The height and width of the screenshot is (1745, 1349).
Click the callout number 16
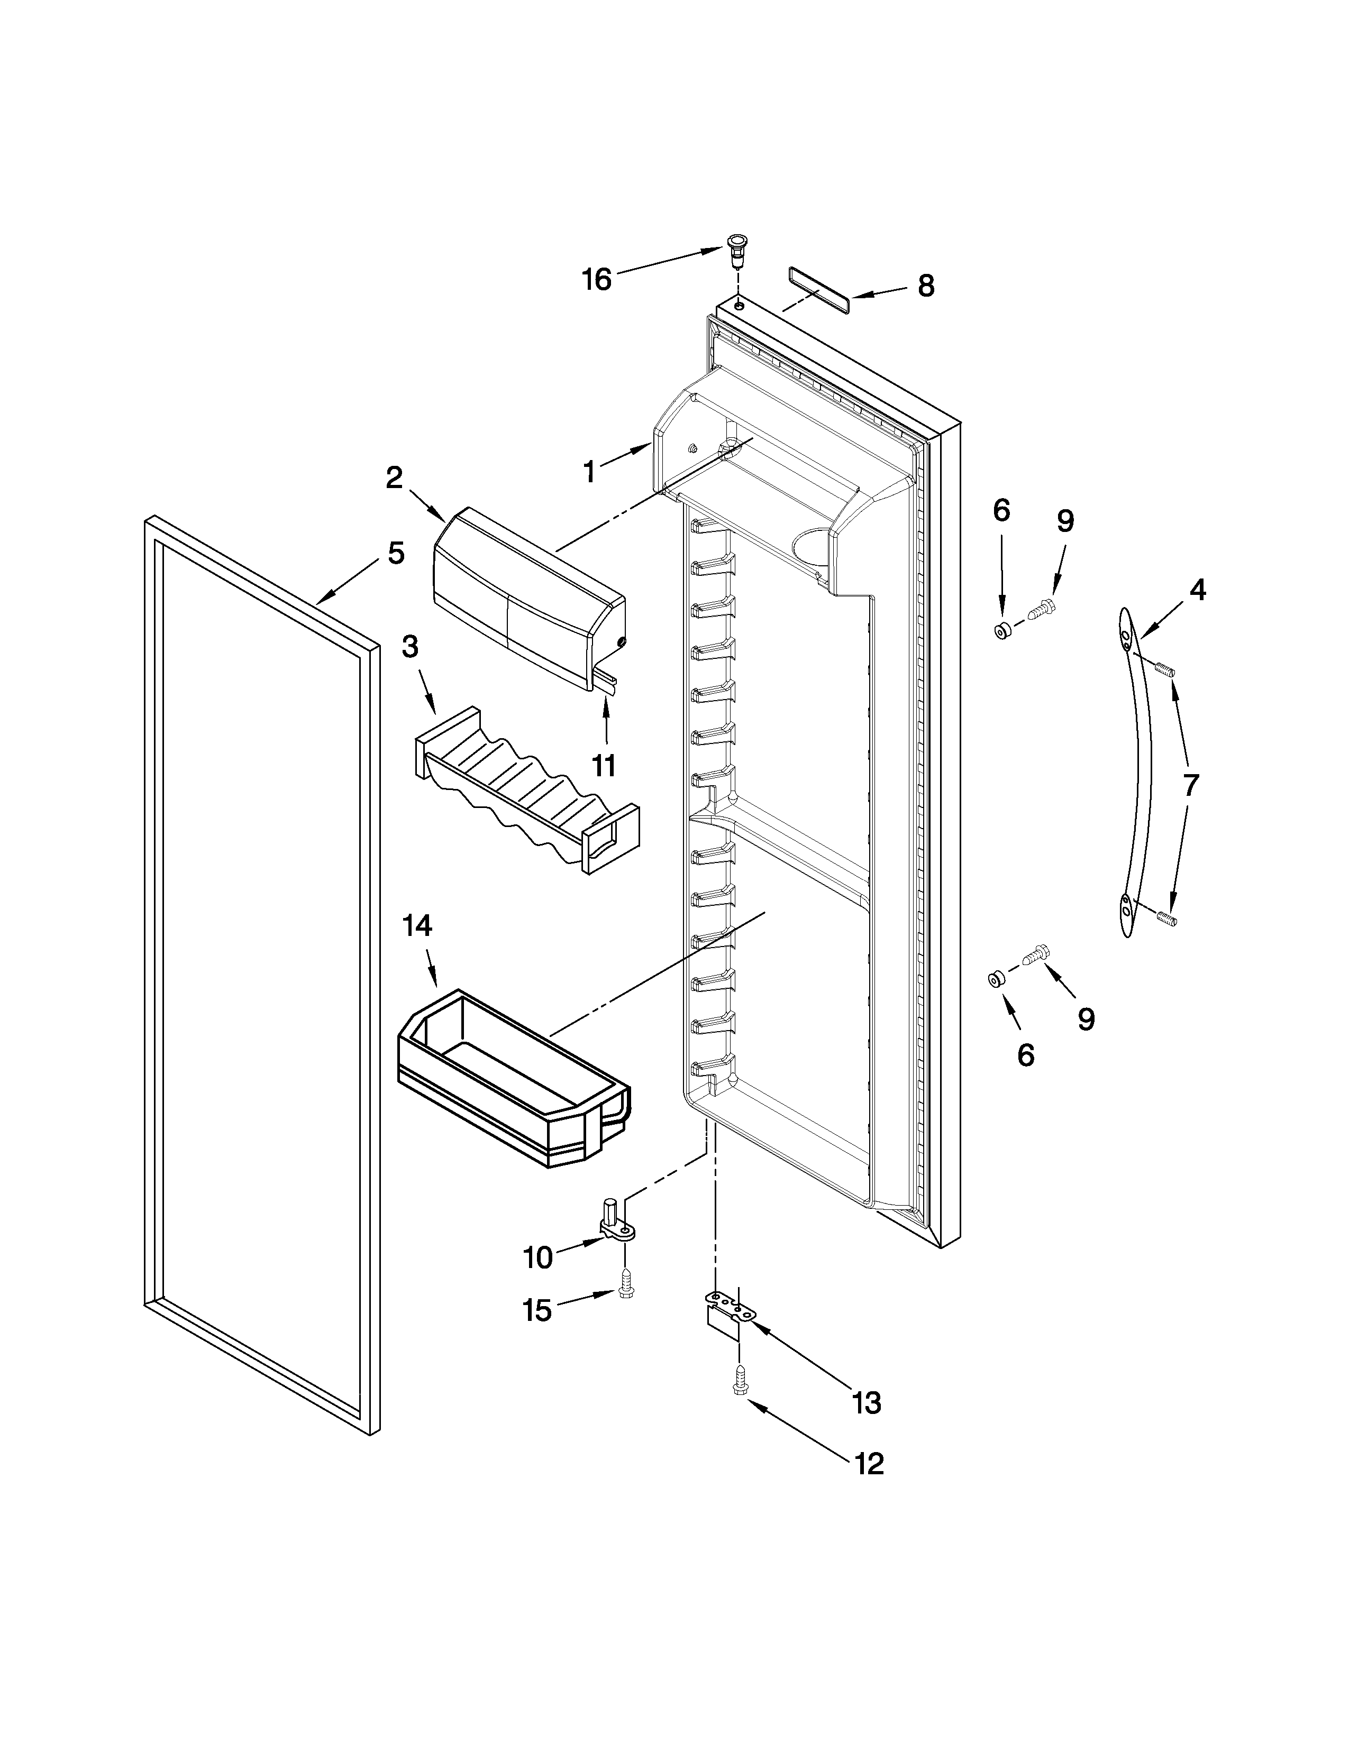(x=596, y=280)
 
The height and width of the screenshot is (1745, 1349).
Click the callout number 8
(x=925, y=285)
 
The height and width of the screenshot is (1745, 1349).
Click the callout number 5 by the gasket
(x=396, y=553)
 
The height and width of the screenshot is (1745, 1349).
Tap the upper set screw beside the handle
(x=1165, y=668)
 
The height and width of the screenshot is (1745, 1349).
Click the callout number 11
(x=604, y=766)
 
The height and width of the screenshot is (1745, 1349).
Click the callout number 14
(x=417, y=926)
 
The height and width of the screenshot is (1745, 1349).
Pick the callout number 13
(x=867, y=1402)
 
